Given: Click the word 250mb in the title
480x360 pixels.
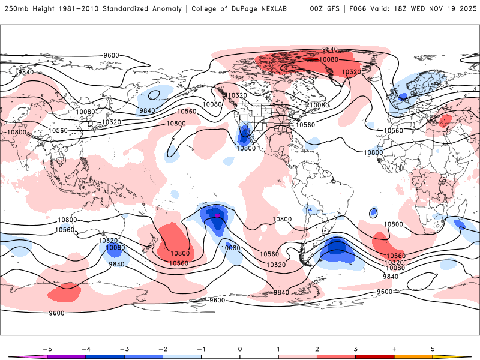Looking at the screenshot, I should click(14, 9).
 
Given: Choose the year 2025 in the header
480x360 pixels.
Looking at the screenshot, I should click(467, 9).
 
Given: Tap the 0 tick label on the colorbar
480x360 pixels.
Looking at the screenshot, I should click(240, 348).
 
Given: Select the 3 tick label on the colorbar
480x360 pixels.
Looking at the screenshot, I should click(356, 348).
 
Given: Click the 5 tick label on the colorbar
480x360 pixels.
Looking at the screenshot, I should click(433, 348).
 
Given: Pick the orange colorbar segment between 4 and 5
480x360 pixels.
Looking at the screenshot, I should click(413, 357).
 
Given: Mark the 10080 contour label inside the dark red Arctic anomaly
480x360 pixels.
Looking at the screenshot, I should click(329, 59).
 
